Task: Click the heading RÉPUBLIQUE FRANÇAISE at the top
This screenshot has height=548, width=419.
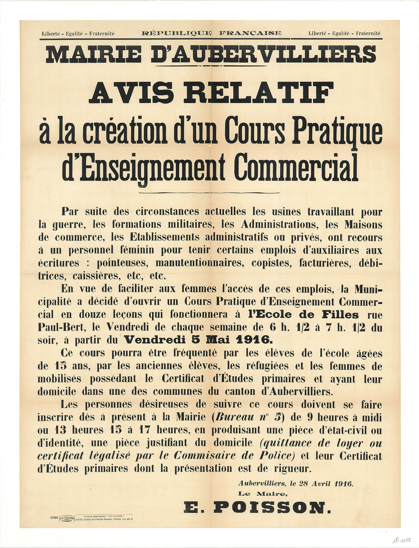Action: pyautogui.click(x=211, y=33)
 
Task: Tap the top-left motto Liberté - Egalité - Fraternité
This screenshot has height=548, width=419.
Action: pyautogui.click(x=78, y=34)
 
